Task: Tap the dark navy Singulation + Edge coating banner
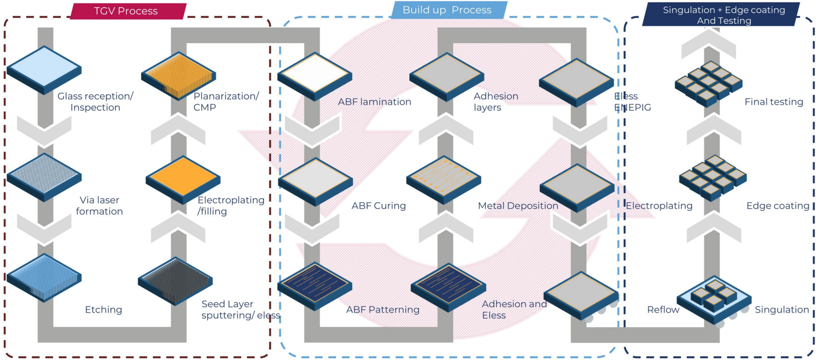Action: [721, 15]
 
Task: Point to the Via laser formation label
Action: [99, 206]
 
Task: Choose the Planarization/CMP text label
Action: [226, 102]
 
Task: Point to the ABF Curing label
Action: [378, 206]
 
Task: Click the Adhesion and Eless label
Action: [514, 310]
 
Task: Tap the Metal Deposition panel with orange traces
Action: [444, 180]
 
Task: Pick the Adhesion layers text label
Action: [496, 102]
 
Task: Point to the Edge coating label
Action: [778, 206]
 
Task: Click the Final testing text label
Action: [774, 102]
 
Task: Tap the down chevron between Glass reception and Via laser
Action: [44, 131]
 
